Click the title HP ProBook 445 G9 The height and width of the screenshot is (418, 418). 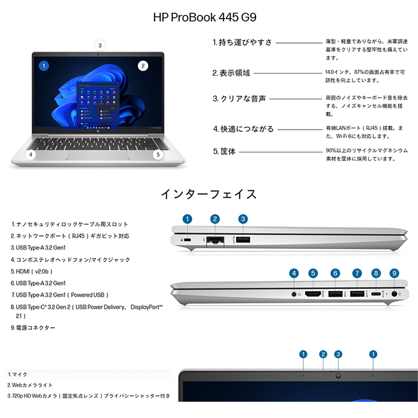(x=205, y=17)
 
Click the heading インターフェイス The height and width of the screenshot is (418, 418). (x=208, y=194)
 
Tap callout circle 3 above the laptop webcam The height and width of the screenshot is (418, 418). (x=100, y=45)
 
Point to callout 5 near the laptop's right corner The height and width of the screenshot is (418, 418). (x=158, y=155)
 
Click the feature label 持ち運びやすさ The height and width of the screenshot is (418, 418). (x=242, y=42)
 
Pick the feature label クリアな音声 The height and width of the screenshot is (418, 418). (x=239, y=99)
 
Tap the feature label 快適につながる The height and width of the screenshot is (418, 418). (x=243, y=129)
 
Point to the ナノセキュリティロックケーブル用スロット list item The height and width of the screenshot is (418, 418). (x=70, y=225)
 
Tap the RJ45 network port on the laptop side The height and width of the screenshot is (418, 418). (x=215, y=240)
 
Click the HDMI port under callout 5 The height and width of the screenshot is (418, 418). (x=313, y=294)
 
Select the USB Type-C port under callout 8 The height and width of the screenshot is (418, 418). (x=376, y=294)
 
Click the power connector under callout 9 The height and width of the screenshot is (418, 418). (x=394, y=294)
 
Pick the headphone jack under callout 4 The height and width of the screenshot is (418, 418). (x=294, y=294)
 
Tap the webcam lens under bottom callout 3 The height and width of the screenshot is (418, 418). (x=339, y=376)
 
